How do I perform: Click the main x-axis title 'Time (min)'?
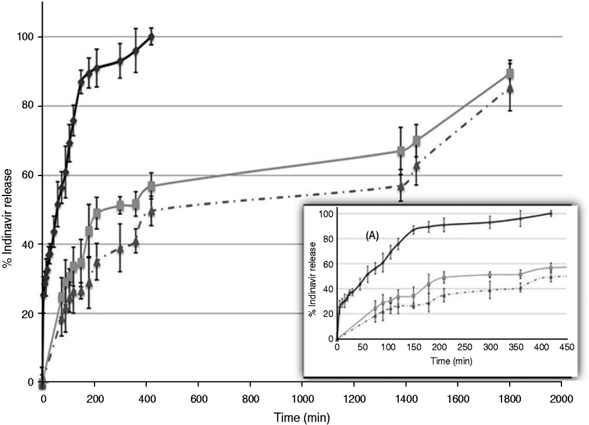click(x=304, y=417)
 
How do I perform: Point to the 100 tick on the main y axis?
click(x=28, y=37)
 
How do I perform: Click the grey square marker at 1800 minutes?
click(x=510, y=74)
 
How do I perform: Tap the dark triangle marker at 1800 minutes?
click(x=510, y=87)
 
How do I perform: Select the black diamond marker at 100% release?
click(x=152, y=37)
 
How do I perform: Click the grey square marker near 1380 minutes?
click(x=400, y=151)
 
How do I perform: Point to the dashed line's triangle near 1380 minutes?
click(x=400, y=187)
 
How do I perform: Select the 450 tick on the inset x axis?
click(x=566, y=348)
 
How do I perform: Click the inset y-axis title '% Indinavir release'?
click(x=312, y=276)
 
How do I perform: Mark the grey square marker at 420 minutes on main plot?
click(x=152, y=187)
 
